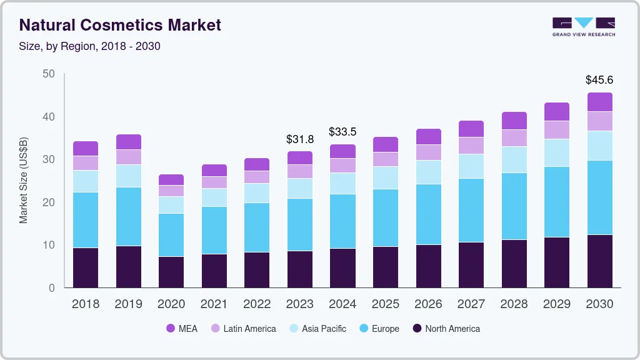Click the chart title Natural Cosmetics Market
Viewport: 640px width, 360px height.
click(x=120, y=25)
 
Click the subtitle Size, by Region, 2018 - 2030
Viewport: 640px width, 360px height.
click(x=90, y=46)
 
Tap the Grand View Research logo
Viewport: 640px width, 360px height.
click(x=584, y=26)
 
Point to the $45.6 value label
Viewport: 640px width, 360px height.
click(x=599, y=80)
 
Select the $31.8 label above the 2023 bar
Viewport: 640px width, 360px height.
click(x=299, y=139)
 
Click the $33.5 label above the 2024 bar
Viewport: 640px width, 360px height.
click(x=342, y=132)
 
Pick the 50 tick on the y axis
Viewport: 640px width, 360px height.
click(x=49, y=74)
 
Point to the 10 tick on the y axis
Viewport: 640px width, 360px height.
click(x=49, y=245)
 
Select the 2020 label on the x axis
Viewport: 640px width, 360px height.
click(x=171, y=304)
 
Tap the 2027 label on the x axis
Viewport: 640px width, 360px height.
click(x=471, y=304)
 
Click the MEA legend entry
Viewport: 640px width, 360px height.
click(x=182, y=328)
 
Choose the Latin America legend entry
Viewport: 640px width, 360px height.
click(x=243, y=328)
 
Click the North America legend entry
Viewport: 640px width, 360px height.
click(x=446, y=328)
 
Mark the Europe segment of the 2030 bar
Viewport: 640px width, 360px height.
click(x=600, y=197)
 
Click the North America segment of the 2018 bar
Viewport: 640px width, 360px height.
click(x=86, y=267)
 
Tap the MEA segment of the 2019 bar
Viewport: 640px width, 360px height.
click(x=129, y=142)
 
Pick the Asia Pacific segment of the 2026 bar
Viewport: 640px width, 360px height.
click(x=428, y=172)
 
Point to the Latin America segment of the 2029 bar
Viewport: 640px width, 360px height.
click(x=557, y=129)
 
